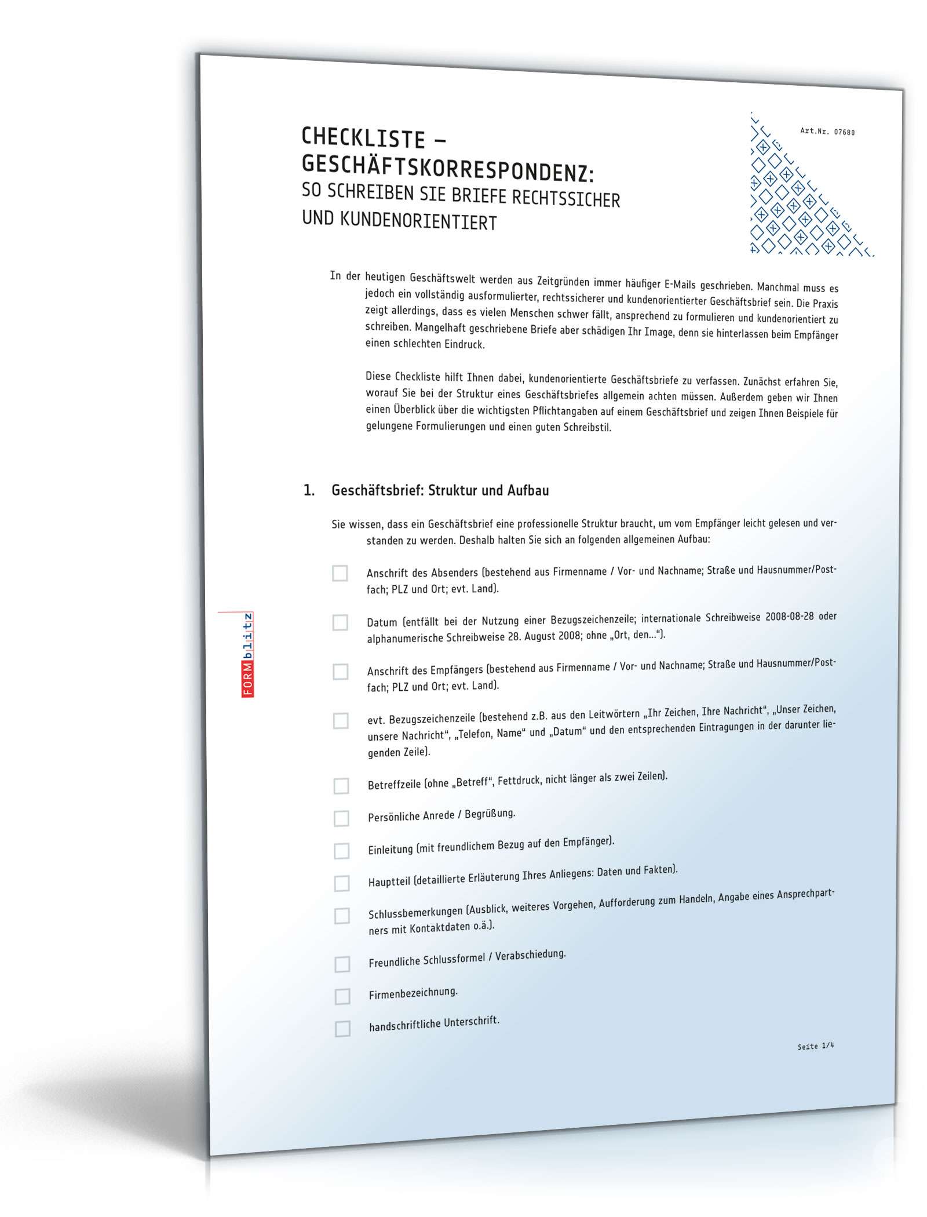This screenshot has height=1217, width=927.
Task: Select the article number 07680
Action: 844,132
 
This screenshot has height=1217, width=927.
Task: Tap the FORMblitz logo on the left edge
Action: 248,654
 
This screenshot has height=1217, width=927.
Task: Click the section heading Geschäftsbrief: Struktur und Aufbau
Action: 440,490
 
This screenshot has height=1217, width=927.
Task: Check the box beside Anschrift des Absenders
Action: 340,573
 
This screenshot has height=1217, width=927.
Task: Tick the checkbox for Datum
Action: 340,622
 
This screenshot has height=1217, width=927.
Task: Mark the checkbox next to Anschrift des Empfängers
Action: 340,672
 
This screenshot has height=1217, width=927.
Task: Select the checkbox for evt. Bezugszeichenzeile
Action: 341,721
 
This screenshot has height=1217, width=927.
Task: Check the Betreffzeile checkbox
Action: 341,786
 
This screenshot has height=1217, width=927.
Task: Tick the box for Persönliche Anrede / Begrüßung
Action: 341,818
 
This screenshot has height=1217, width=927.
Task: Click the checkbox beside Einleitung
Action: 342,851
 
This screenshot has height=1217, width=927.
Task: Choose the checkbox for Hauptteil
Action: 342,883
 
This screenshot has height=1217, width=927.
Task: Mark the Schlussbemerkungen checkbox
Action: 342,916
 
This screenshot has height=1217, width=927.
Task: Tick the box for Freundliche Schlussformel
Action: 342,964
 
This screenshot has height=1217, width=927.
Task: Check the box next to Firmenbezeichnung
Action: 342,996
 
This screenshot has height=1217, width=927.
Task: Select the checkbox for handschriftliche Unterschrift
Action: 342,1029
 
